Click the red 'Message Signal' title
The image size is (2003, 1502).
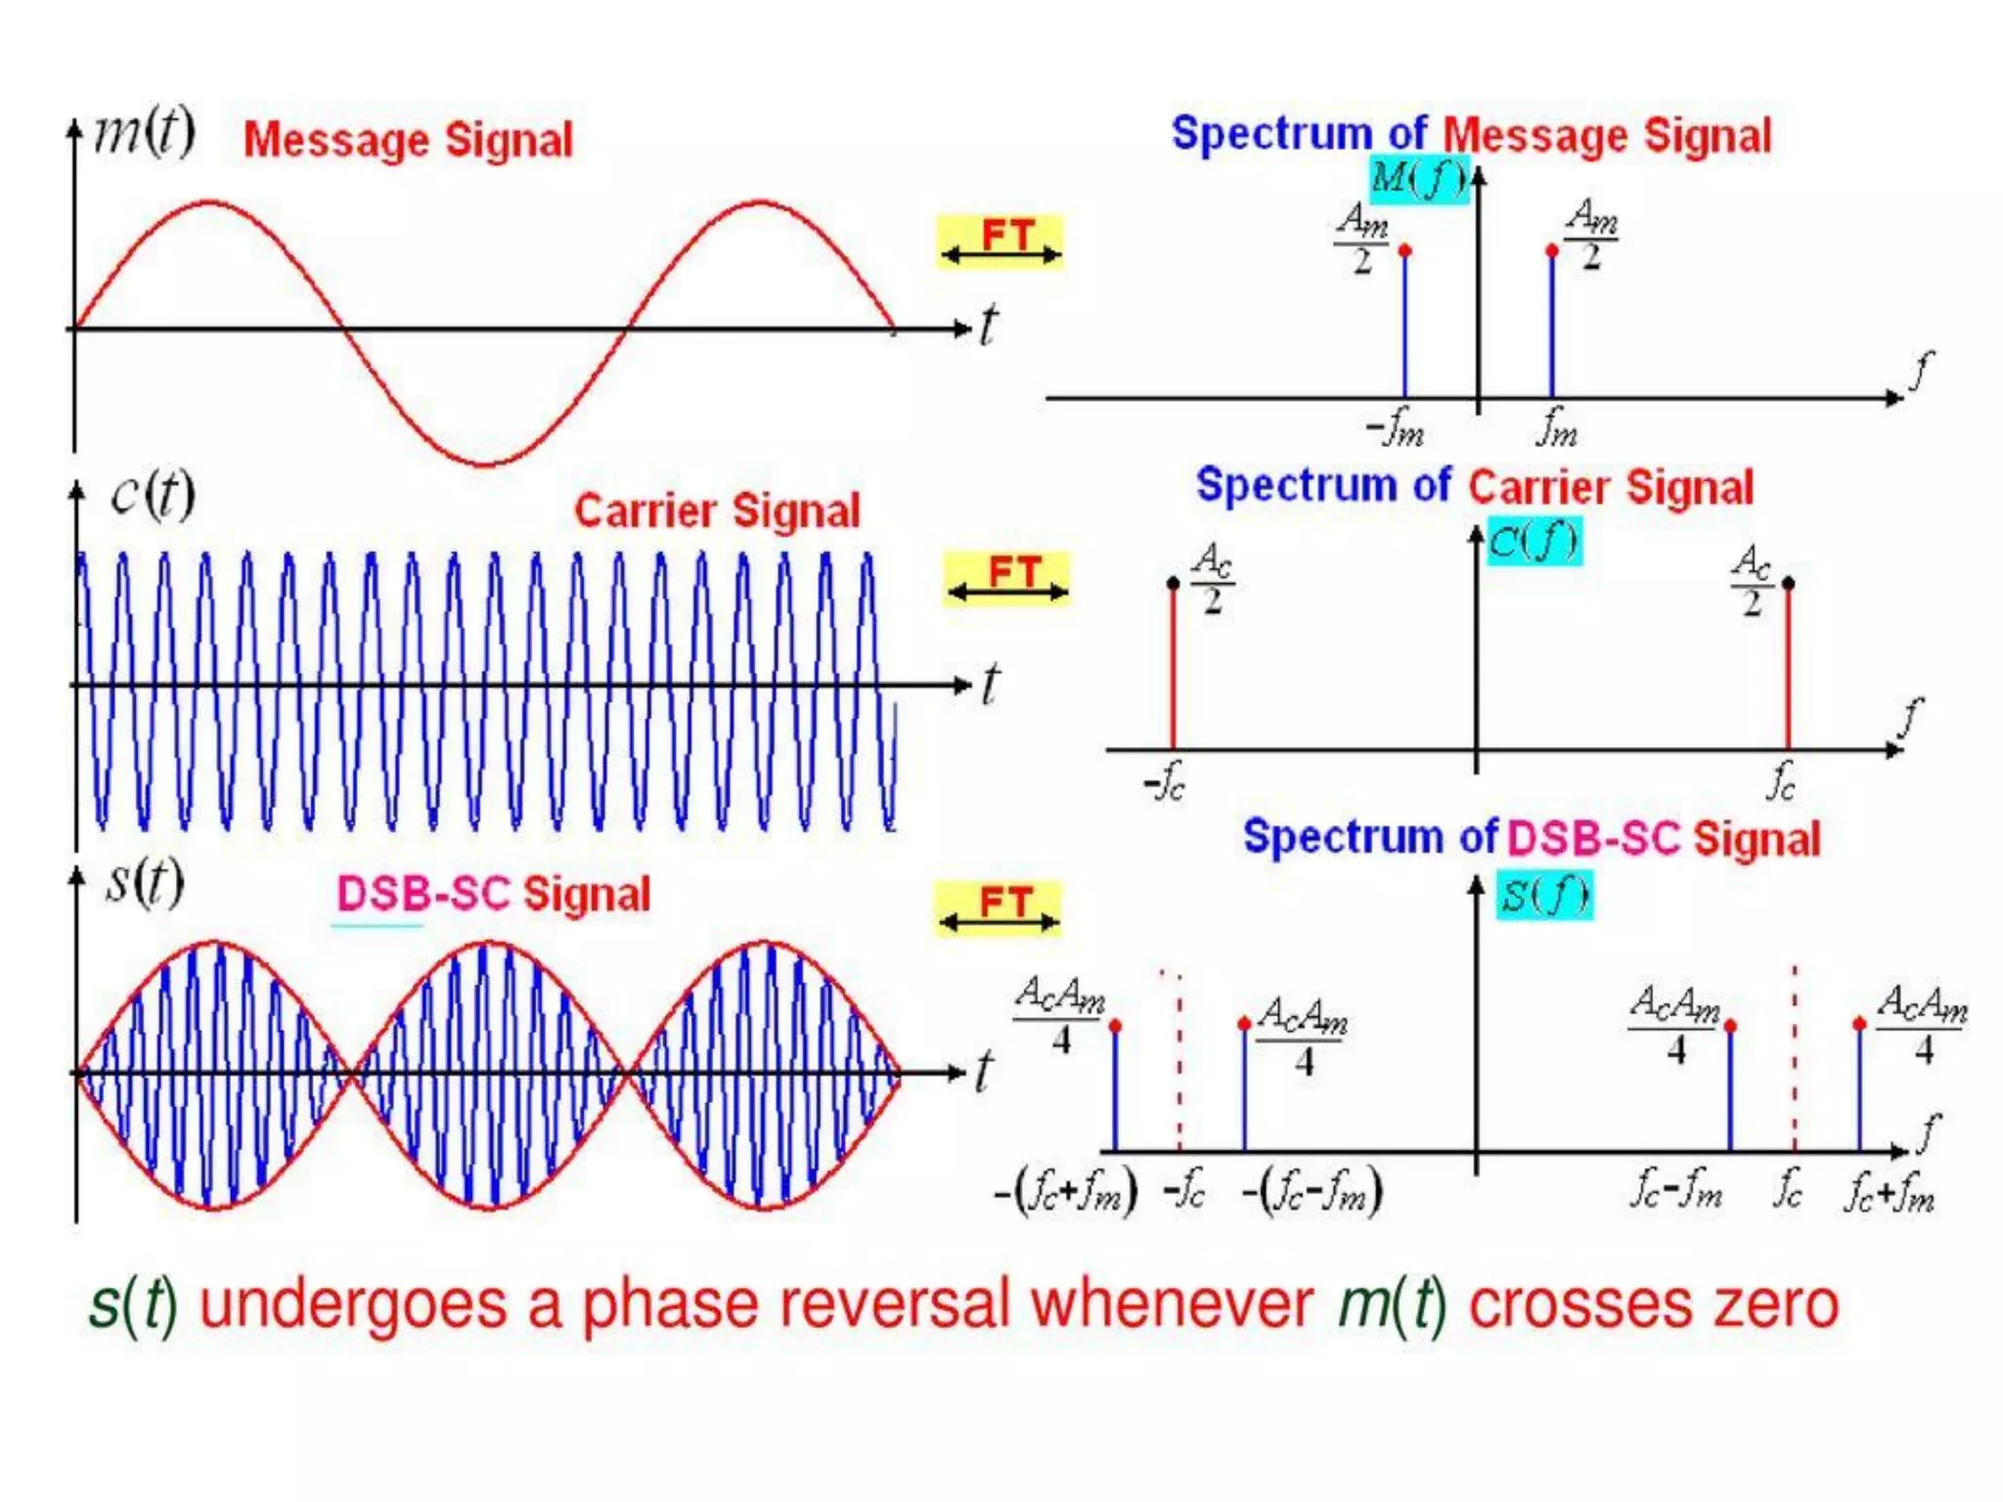click(408, 140)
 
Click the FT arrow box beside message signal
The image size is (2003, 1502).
click(1000, 242)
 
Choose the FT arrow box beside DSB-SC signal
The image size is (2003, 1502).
click(998, 908)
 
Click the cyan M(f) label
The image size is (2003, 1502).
click(1418, 179)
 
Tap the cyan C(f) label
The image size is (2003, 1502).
click(1533, 541)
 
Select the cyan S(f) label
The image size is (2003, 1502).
click(1544, 895)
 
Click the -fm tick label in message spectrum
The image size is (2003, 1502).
click(1395, 427)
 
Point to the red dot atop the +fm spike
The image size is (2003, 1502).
click(1552, 251)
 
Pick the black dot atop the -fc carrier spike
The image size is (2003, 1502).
click(1174, 584)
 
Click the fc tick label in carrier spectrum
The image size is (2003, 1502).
click(1782, 781)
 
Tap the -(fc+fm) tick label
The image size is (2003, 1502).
click(1066, 1192)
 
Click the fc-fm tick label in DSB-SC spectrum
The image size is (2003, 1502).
click(1675, 1190)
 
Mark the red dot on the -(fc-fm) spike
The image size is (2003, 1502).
click(1244, 1024)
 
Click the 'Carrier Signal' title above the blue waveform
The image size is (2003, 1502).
click(717, 510)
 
